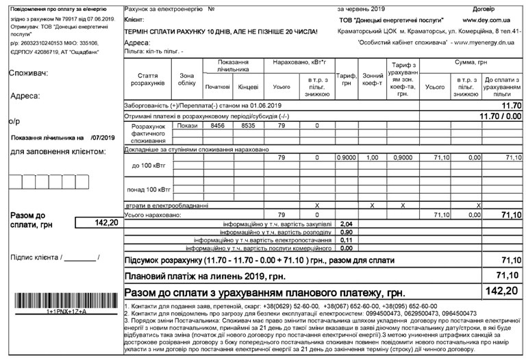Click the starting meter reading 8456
(217, 126)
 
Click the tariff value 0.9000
(347, 158)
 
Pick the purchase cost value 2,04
(347, 224)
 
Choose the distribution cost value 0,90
(347, 233)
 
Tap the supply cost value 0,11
(347, 240)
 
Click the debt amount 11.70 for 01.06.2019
(511, 106)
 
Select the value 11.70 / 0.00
(501, 116)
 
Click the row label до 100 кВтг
(148, 166)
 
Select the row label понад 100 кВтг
(148, 189)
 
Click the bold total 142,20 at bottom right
(503, 291)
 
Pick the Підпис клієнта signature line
(82, 258)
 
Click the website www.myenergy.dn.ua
(484, 42)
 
